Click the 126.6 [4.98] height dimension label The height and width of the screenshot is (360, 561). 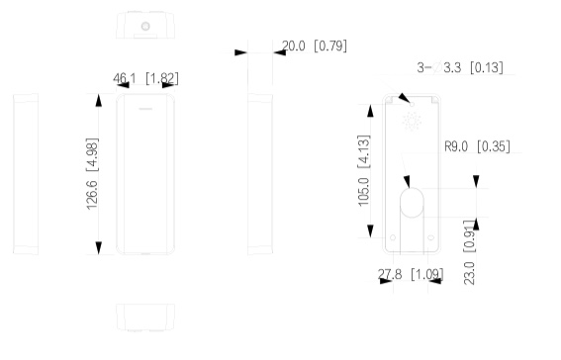pos(92,174)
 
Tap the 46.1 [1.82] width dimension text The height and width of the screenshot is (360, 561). pos(145,78)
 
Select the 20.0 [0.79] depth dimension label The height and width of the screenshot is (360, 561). pos(315,45)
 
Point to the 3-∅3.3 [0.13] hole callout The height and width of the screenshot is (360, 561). pos(460,67)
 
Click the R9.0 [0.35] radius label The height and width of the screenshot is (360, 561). pos(477,146)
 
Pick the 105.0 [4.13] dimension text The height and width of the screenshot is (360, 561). pos(363,170)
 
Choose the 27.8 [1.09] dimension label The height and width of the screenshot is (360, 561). pos(411,274)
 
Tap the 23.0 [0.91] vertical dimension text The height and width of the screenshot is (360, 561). pos(469,252)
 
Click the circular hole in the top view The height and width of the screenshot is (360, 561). pos(145,26)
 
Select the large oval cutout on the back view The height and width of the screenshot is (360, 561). pos(412,203)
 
